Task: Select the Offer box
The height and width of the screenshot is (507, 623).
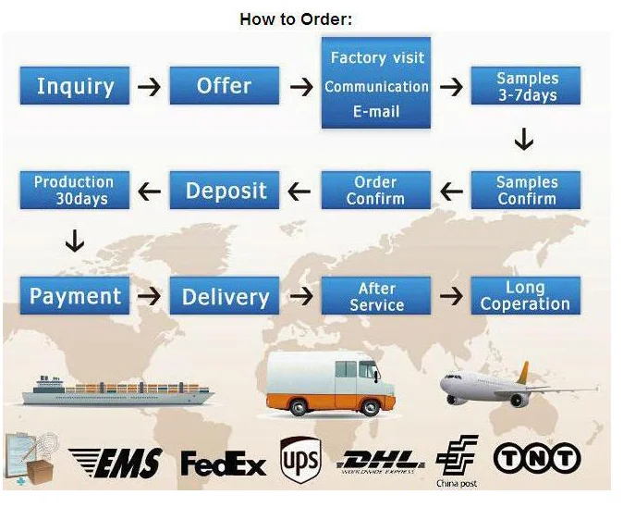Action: (224, 86)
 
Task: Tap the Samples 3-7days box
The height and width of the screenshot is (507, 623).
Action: (526, 86)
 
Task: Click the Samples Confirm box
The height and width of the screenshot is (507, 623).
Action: (526, 191)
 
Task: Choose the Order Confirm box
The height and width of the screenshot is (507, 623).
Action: (375, 191)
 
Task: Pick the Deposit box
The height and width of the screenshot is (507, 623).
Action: (226, 191)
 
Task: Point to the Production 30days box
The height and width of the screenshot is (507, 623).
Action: (73, 191)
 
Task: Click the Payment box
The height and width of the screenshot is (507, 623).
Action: (75, 296)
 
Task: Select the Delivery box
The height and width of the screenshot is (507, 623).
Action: (226, 296)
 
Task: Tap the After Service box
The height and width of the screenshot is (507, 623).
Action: (375, 296)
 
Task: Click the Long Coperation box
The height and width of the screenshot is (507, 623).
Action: (526, 296)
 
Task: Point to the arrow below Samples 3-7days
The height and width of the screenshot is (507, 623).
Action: (524, 140)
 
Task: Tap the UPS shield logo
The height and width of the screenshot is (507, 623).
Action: (299, 459)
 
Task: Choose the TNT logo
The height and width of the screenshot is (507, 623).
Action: (537, 458)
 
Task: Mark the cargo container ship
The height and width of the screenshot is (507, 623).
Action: (111, 390)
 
